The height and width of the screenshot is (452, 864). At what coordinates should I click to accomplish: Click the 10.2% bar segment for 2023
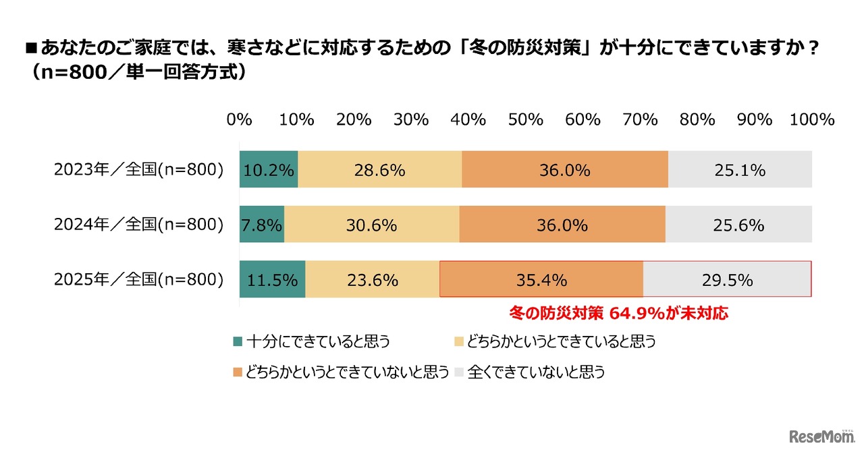[269, 170]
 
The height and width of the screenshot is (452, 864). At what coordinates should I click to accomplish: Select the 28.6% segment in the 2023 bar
[380, 170]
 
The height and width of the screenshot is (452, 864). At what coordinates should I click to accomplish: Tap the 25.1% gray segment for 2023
[740, 170]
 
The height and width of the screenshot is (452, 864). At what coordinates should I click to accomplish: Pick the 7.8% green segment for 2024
[262, 225]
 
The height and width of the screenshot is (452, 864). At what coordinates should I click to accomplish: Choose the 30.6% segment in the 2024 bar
[372, 225]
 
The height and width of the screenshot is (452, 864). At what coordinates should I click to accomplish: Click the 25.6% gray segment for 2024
[738, 225]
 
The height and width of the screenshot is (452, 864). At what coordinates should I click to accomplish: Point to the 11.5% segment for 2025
[273, 279]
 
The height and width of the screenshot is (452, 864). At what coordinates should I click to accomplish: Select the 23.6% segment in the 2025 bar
[373, 279]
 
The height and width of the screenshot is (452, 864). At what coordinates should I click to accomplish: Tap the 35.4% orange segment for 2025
[541, 279]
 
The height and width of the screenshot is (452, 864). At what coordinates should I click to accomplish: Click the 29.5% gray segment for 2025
[727, 279]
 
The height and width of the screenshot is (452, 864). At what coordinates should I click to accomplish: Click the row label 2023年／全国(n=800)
[138, 170]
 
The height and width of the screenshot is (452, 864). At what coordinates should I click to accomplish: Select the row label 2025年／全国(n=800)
[138, 279]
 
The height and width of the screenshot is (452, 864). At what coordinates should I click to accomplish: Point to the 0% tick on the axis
[240, 119]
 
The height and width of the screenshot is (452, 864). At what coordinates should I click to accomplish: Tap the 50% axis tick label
[526, 119]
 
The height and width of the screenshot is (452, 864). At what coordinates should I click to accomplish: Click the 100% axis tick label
[812, 119]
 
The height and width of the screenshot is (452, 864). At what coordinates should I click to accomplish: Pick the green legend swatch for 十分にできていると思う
[237, 341]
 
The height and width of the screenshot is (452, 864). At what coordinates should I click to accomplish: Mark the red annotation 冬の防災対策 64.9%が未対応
[618, 313]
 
